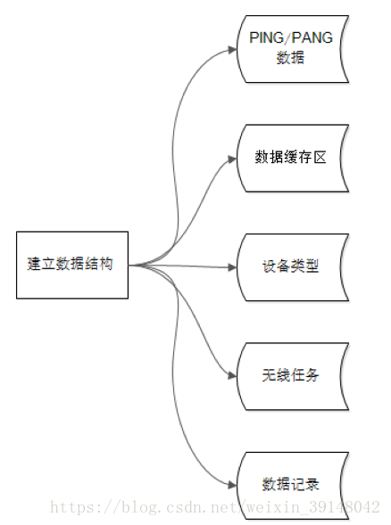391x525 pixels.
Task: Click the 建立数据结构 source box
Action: pos(72,265)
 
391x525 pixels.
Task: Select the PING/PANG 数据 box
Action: pos(293,49)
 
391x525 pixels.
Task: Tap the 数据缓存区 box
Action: pos(293,158)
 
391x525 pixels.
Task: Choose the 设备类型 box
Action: pos(293,267)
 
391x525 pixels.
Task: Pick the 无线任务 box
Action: pos(293,376)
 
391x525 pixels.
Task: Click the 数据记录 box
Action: pos(293,486)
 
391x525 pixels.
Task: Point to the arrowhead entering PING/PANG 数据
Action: pos(232,50)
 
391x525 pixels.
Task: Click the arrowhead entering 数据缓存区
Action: pos(232,159)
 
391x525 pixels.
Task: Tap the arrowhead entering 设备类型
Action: pos(232,267)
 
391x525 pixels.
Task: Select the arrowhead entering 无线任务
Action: pos(232,375)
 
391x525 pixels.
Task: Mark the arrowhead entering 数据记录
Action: pos(232,485)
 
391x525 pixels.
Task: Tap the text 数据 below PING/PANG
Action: pos(290,57)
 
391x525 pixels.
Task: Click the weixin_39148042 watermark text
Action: pos(313,506)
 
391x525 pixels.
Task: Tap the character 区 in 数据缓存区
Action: pos(320,157)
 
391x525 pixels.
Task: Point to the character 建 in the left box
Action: pos(34,264)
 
